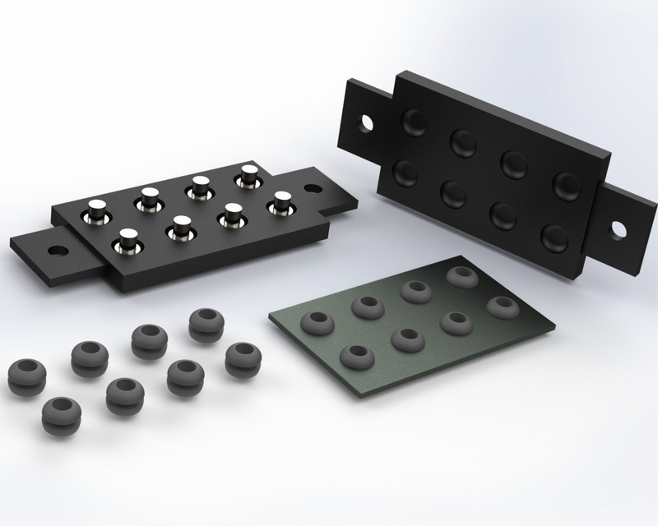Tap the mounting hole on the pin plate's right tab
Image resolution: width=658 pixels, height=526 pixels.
pos(313,188)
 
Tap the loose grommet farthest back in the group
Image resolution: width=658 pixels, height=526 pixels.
pos(204,323)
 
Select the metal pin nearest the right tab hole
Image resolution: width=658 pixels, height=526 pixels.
pos(282,201)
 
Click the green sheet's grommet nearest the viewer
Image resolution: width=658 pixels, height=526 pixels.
pos(356,357)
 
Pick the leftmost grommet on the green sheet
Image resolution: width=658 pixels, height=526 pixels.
pos(317,322)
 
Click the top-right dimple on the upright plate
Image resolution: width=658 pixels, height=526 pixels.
pos(567,185)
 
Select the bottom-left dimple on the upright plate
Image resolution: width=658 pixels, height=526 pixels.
pos(406,173)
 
